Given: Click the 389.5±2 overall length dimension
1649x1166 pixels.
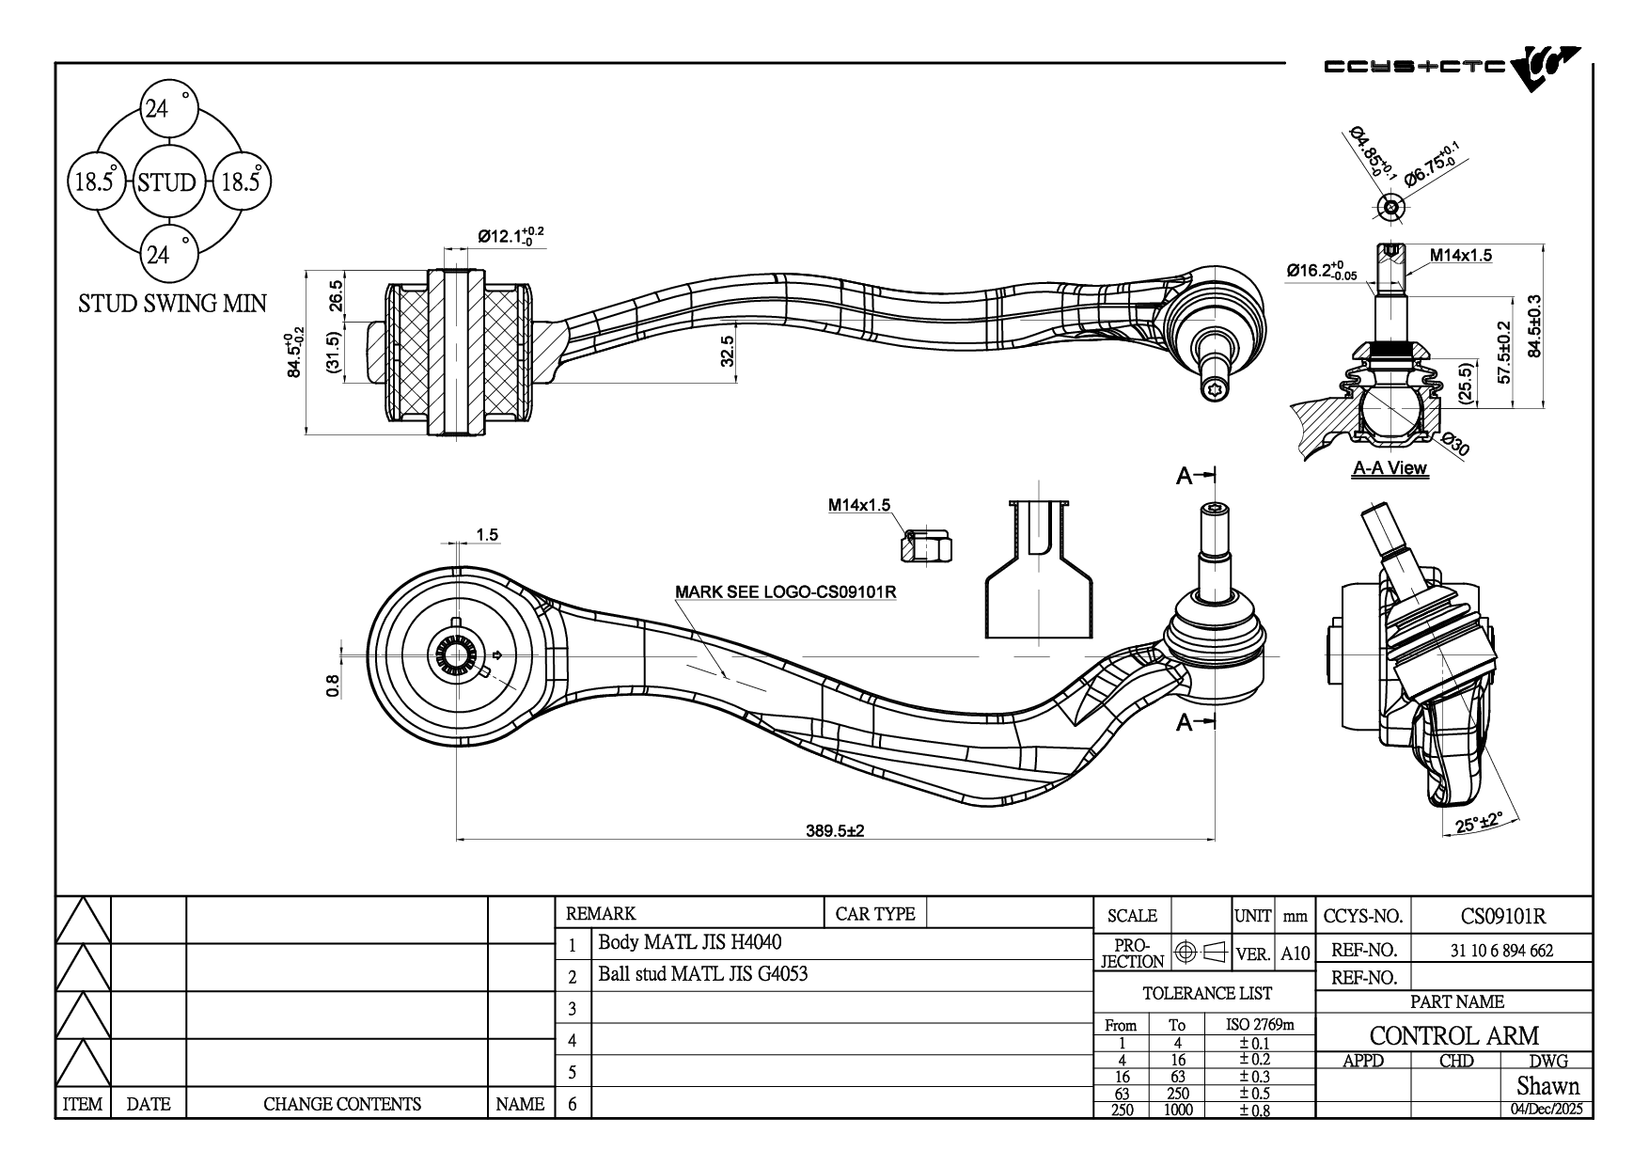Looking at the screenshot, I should coord(835,831).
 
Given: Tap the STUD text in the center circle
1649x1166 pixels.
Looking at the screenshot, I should coord(166,182).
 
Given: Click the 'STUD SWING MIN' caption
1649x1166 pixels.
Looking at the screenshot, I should coord(172,303).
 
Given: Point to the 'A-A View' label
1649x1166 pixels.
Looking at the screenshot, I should coord(1390,468).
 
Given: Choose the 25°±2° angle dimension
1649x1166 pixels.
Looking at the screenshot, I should coord(1478,823).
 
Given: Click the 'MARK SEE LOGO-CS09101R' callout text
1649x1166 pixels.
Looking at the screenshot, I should coord(785,592).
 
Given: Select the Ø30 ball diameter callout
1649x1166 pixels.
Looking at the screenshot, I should coord(1453,444).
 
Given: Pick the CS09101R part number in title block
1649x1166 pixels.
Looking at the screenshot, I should coord(1503,916).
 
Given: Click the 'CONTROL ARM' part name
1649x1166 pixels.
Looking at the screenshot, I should coord(1453,1035).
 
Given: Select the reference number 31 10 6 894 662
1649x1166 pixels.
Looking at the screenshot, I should coord(1501,950).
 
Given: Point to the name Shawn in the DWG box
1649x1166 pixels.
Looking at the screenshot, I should coord(1547,1086).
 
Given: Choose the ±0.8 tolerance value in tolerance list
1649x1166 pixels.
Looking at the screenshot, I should coord(1254,1110).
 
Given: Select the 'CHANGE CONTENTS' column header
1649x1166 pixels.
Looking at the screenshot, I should coord(341,1104).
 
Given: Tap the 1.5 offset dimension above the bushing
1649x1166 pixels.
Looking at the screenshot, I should coord(487,535).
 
